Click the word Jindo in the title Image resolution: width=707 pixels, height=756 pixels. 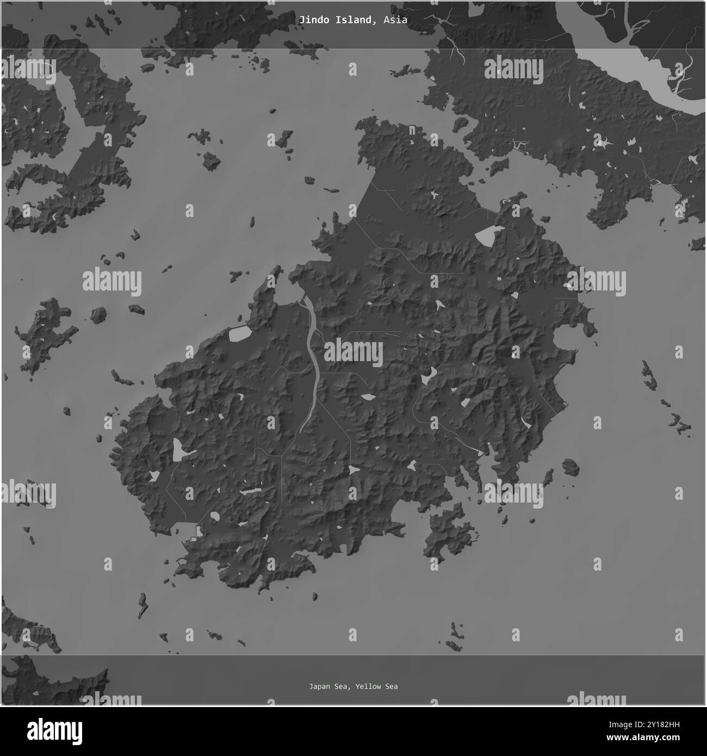(310, 20)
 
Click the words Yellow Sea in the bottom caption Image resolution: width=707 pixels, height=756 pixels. (377, 686)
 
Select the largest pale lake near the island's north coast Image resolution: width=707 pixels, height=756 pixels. (486, 236)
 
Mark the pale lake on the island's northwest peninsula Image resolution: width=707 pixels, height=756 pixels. (239, 334)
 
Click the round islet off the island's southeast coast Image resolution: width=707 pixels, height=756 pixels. (570, 466)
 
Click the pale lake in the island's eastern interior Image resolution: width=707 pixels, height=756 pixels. (429, 375)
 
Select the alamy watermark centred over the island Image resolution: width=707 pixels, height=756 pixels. (353, 352)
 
